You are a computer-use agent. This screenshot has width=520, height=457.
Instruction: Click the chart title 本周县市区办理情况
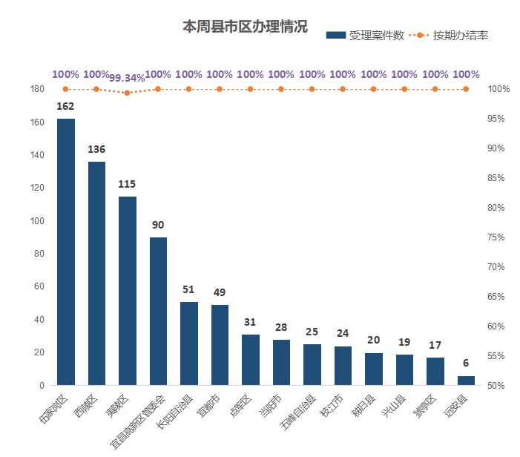246,27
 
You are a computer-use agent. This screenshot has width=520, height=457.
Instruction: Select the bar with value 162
66,252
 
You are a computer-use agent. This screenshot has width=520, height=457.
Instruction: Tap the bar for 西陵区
96,274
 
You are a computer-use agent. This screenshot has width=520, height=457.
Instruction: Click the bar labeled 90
158,312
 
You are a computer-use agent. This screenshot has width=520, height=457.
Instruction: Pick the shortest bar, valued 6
466,381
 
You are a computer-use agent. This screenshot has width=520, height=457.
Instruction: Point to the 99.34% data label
127,78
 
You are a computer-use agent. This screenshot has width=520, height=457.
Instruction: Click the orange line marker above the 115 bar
127,93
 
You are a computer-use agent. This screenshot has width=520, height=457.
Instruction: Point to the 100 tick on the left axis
37,221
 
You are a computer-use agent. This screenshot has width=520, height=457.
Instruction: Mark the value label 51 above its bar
188,290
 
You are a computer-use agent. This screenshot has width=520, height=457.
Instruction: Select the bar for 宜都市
220,345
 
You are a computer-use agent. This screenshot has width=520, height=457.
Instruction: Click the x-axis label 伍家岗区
53,408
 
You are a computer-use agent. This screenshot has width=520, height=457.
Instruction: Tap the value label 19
404,343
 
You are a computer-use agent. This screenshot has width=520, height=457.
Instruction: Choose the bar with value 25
312,365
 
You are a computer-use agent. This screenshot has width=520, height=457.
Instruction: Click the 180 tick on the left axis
37,89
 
